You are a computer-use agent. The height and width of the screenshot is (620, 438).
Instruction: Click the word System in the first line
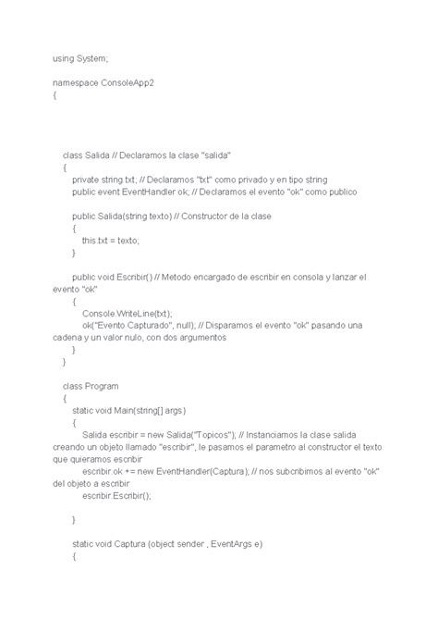tap(91, 56)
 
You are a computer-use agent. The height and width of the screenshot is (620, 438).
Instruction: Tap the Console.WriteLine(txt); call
tap(126, 314)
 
